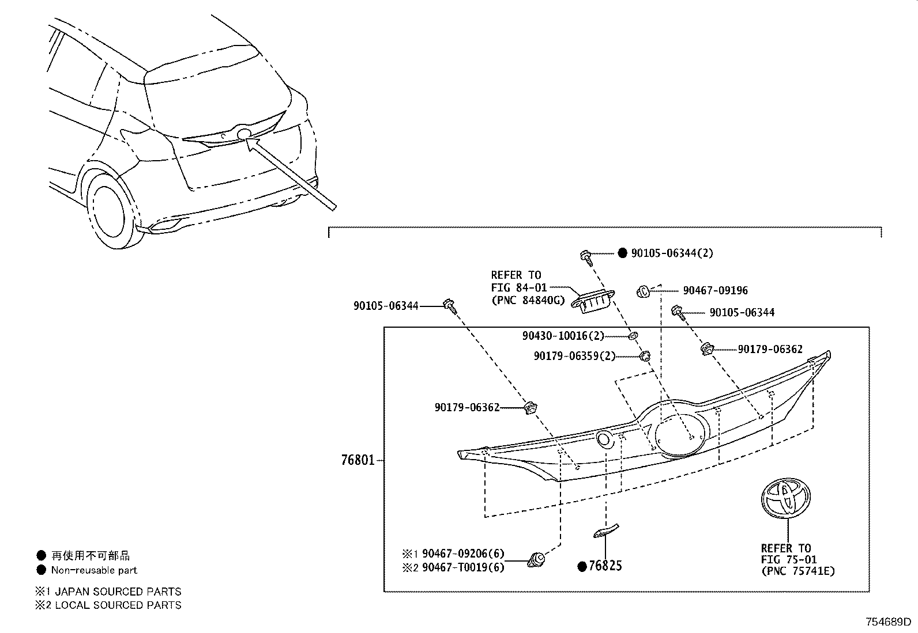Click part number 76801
pyautogui.click(x=357, y=460)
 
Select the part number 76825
pyautogui.click(x=605, y=566)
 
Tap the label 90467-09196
pyautogui.click(x=715, y=291)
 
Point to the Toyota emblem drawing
pyautogui.click(x=785, y=499)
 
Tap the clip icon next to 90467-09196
pyautogui.click(x=644, y=292)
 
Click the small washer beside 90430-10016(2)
pyautogui.click(x=632, y=335)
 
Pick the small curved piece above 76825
pyautogui.click(x=605, y=530)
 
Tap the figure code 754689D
pyautogui.click(x=887, y=623)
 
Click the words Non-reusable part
pyautogui.click(x=94, y=570)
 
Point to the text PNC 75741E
pyautogui.click(x=797, y=571)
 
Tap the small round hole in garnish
pyautogui.click(x=605, y=439)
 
